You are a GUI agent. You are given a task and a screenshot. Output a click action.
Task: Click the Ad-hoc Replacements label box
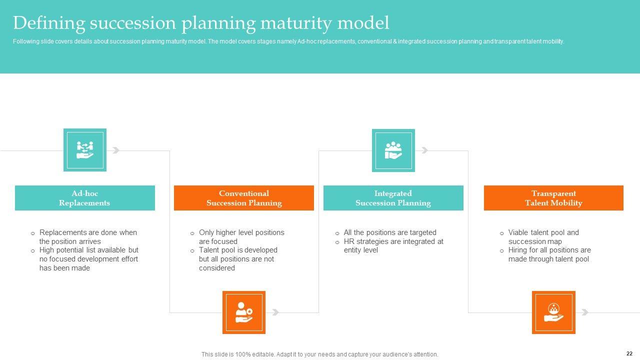pyautogui.click(x=85, y=198)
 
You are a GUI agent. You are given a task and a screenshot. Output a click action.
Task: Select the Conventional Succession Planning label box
pyautogui.click(x=243, y=198)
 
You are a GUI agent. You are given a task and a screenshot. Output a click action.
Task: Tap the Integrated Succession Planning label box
pyautogui.click(x=393, y=198)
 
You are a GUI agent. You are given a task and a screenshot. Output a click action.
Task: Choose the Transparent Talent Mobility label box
pyautogui.click(x=553, y=198)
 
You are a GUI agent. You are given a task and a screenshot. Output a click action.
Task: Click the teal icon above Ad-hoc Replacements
pyautogui.click(x=85, y=150)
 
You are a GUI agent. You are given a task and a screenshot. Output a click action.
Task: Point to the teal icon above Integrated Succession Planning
pyautogui.click(x=393, y=150)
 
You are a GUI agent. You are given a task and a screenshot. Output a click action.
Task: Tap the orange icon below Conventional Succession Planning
pyautogui.click(x=243, y=312)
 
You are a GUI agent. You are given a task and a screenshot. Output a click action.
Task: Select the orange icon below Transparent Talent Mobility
pyautogui.click(x=553, y=312)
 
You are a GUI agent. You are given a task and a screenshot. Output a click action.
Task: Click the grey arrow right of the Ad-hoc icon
pyautogui.click(x=115, y=150)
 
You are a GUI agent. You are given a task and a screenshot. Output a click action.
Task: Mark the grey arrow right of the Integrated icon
pyautogui.click(x=424, y=150)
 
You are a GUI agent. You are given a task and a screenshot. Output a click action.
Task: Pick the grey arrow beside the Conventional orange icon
pyautogui.click(x=275, y=312)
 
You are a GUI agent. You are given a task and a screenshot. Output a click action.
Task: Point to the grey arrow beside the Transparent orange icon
pyautogui.click(x=585, y=312)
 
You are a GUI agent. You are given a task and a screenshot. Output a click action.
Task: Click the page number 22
pyautogui.click(x=629, y=353)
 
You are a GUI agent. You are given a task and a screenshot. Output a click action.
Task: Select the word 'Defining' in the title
pyautogui.click(x=49, y=23)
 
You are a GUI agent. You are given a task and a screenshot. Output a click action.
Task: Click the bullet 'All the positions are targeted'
pyautogui.click(x=386, y=232)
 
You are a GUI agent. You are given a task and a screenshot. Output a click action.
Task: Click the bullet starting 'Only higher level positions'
pyautogui.click(x=237, y=237)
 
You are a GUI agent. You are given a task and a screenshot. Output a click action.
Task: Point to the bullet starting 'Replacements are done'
pyautogui.click(x=84, y=237)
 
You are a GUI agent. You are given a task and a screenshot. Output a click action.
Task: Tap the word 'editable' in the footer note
pyautogui.click(x=263, y=354)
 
